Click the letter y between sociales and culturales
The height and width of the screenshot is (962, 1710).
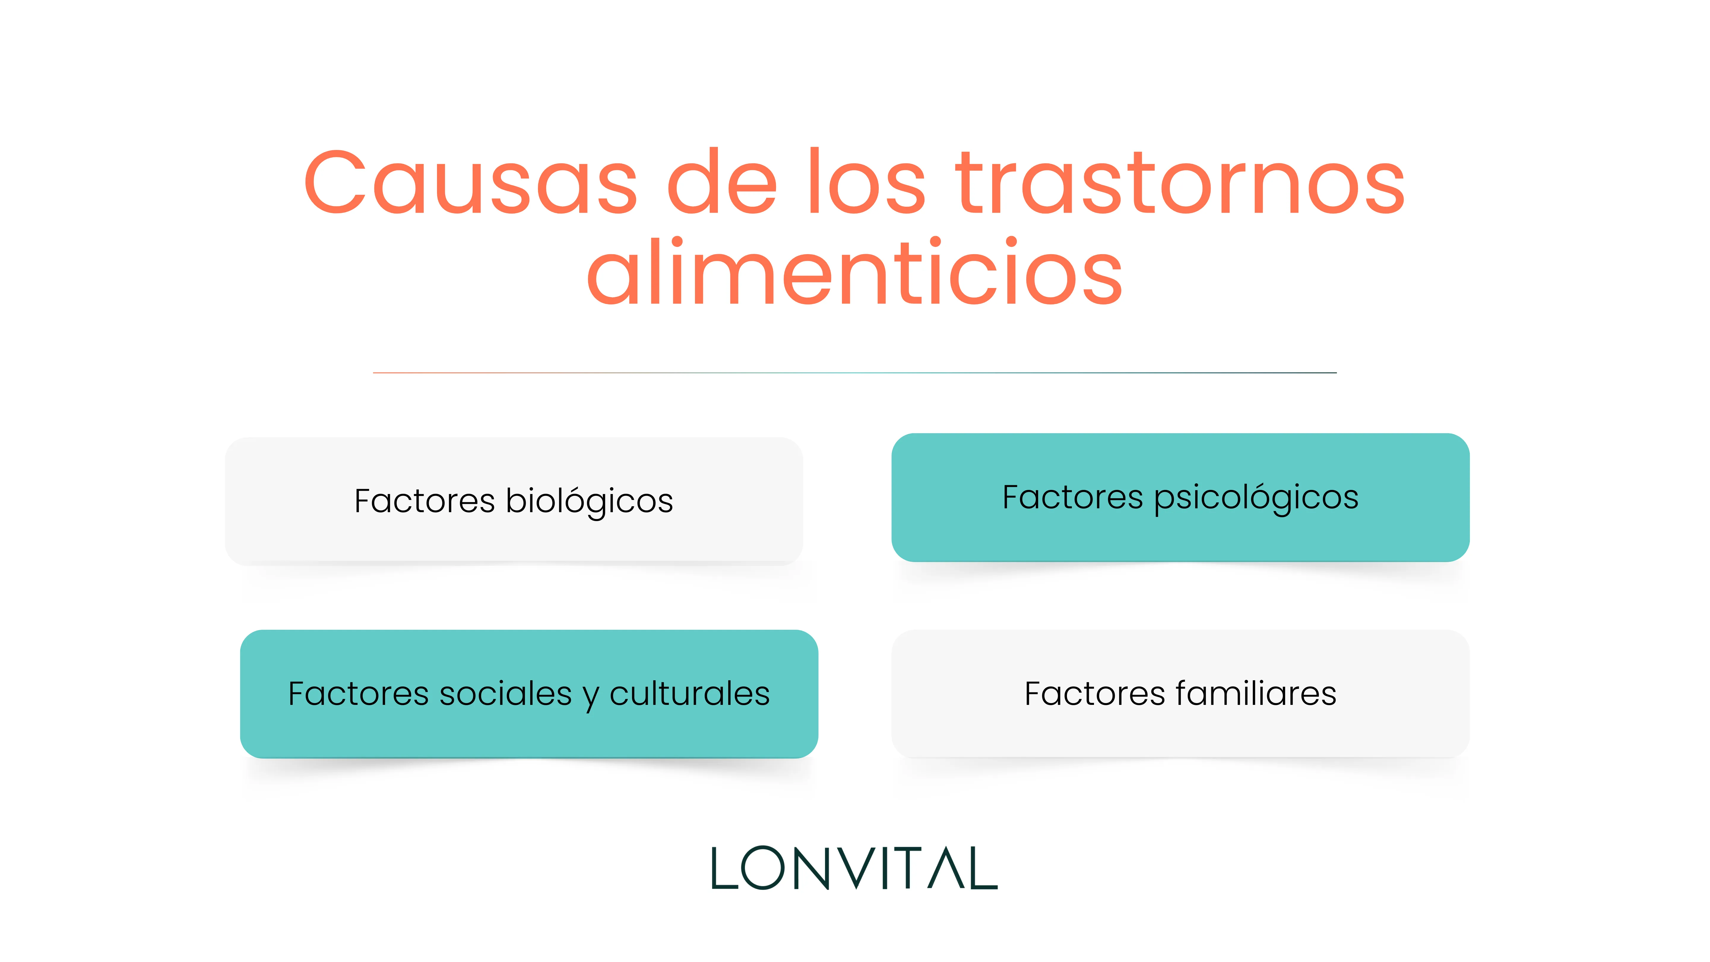point(591,697)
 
